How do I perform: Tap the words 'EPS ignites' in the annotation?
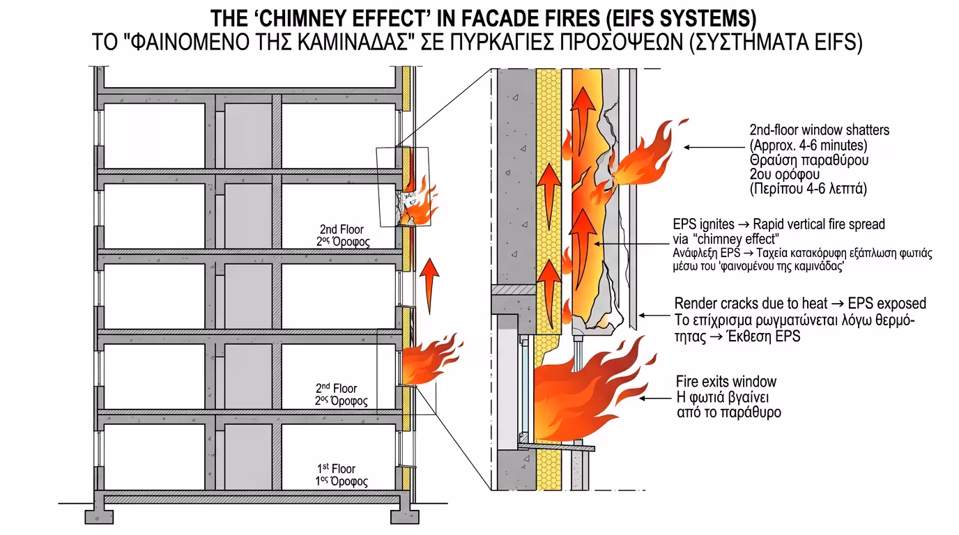point(703,225)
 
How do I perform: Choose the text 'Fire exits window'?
point(726,382)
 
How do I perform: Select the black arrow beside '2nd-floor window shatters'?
point(707,147)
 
